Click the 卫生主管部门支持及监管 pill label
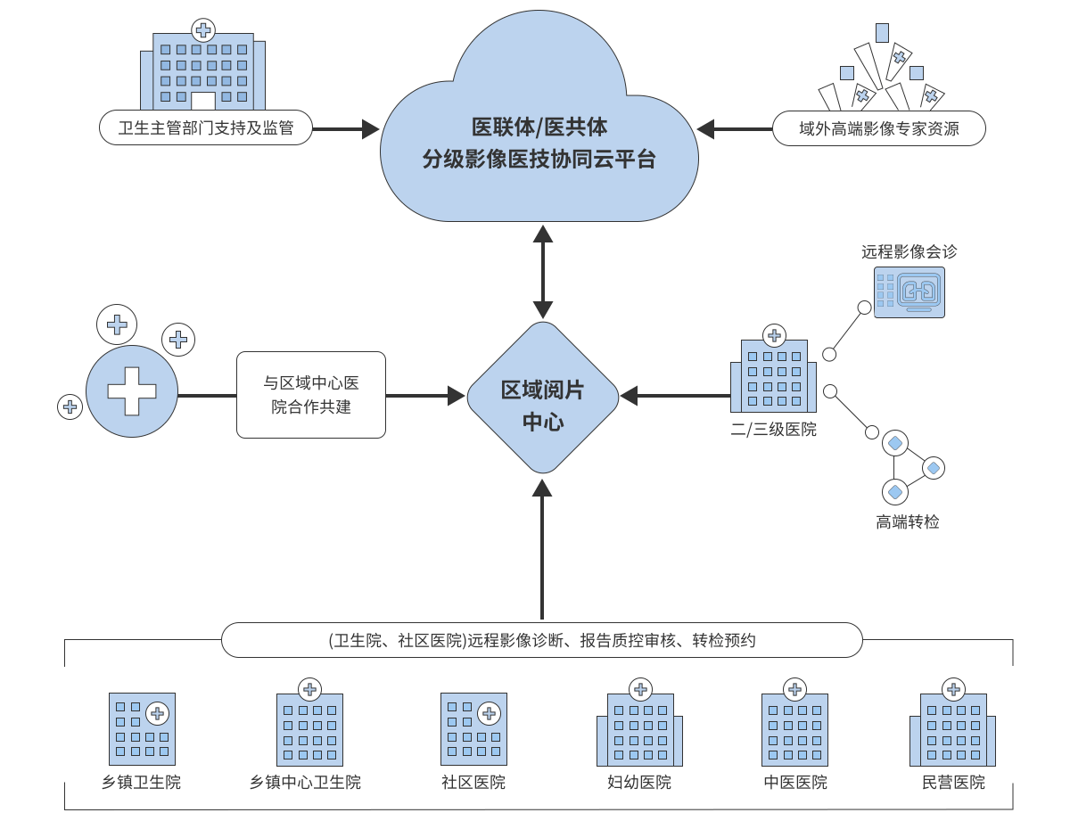click(206, 128)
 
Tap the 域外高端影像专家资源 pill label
click(878, 128)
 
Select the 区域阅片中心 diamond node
click(542, 398)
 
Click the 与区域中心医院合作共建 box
click(311, 395)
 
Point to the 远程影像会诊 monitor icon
click(909, 292)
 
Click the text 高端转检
click(908, 522)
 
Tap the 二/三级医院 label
click(773, 430)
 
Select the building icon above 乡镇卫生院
click(142, 728)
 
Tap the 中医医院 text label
click(795, 783)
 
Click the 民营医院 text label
click(954, 783)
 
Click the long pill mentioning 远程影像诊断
click(541, 640)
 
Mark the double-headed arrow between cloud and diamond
click(542, 272)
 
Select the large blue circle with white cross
click(132, 391)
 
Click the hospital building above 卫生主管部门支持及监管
click(203, 68)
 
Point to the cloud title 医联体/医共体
click(539, 127)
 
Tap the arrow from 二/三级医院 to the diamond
click(675, 395)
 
